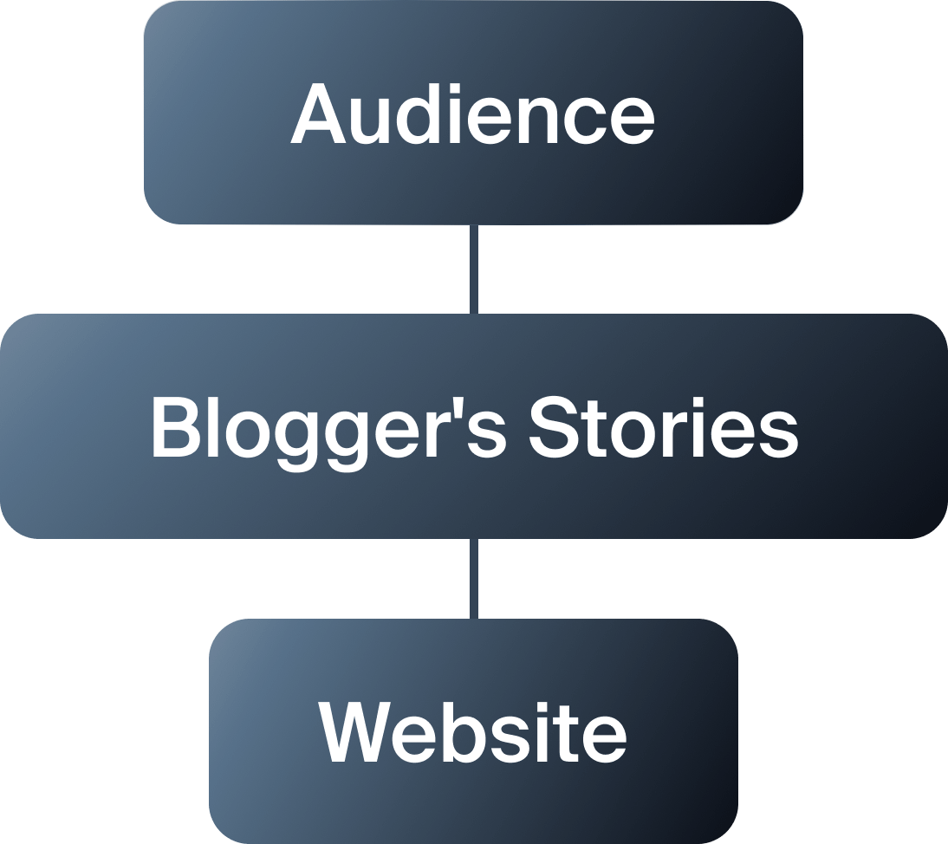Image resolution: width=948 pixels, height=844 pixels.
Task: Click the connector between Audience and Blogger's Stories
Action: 473,269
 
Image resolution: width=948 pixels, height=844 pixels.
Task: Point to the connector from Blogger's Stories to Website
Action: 473,579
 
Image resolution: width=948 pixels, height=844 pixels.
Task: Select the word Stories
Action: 663,429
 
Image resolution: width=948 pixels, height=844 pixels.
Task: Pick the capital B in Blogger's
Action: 175,428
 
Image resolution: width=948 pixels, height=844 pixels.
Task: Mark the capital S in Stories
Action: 553,428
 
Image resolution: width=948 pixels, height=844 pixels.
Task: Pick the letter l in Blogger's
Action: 216,428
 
